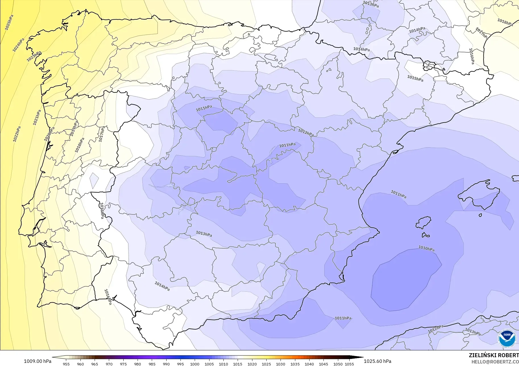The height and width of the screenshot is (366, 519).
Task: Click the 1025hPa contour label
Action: pos(9,22)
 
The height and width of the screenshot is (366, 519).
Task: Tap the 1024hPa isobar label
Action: pos(18,45)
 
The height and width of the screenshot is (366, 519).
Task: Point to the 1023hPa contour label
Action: pos(34,56)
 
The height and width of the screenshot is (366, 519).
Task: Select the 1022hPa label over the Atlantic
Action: pos(17,134)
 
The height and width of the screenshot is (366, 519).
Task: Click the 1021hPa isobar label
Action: pos(37,117)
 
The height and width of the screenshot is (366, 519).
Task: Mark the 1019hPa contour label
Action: pos(74,128)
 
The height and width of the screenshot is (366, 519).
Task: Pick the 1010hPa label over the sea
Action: pos(426,248)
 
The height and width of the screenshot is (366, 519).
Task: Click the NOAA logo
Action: pos(507,338)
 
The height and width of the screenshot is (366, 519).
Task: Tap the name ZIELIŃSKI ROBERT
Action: pos(494,355)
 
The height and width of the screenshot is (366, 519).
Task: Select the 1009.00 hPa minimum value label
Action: pos(38,361)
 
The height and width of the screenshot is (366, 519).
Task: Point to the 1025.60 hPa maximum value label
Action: pos(377,361)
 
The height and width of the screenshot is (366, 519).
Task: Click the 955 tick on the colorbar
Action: pos(66,364)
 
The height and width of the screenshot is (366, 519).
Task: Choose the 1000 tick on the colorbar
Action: pos(195,364)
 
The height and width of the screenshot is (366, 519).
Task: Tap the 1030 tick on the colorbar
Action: pos(281,364)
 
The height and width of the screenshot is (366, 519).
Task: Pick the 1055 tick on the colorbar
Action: pos(349,364)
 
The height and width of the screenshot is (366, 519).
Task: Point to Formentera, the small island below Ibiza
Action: pos(425,235)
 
